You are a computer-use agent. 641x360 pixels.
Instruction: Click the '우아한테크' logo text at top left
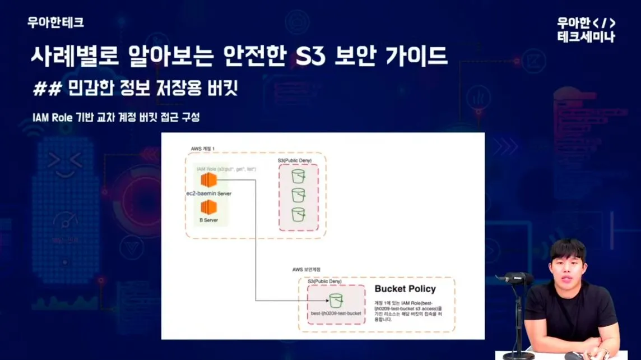click(x=55, y=22)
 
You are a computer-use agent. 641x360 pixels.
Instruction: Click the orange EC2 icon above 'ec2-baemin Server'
click(x=208, y=181)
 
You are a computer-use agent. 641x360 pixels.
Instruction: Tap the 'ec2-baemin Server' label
click(x=208, y=193)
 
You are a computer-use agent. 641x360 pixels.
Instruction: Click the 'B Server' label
click(x=208, y=220)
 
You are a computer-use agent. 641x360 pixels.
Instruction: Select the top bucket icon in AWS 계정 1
click(x=298, y=177)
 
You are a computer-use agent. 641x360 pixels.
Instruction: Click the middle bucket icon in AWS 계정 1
click(x=298, y=195)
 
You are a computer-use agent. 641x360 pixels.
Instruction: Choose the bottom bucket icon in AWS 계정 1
click(x=298, y=214)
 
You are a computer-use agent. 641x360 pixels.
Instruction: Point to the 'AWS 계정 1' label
click(x=202, y=148)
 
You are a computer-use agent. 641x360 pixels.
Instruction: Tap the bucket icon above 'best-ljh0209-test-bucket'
click(x=336, y=300)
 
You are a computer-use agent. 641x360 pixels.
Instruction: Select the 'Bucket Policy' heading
click(x=405, y=289)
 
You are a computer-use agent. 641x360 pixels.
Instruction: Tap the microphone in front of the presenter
click(x=512, y=278)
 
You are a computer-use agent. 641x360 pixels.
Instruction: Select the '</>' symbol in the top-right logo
click(x=603, y=24)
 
